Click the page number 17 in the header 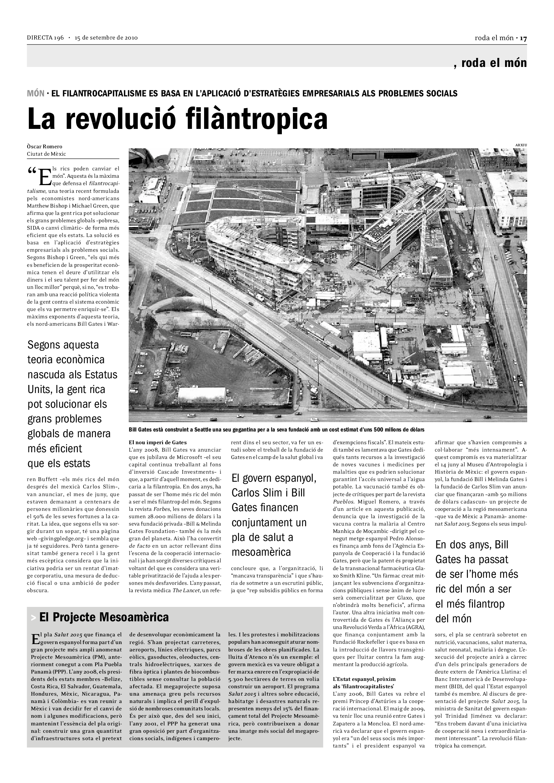(x=523, y=38)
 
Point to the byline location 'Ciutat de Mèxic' (x=47, y=154)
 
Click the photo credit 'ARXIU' (x=521, y=145)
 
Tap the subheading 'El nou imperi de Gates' (x=158, y=442)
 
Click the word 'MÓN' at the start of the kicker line (x=36, y=93)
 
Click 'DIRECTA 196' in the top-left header (x=45, y=38)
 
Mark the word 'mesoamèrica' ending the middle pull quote (x=261, y=552)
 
